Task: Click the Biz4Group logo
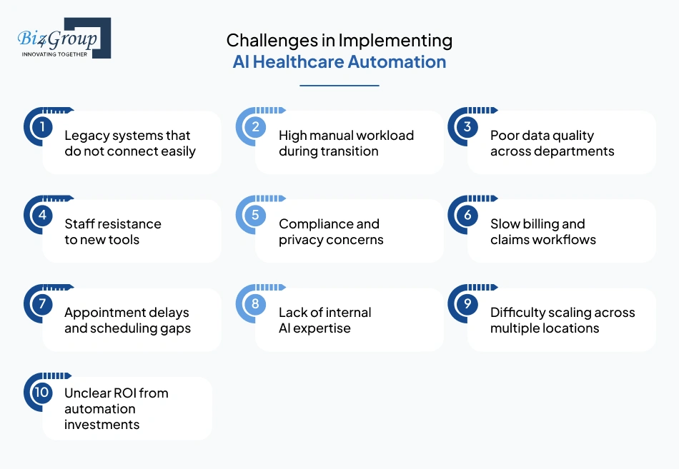coord(64,38)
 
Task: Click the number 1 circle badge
coord(42,127)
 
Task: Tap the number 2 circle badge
coord(254,127)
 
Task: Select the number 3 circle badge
coord(467,127)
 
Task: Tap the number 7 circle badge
coord(42,304)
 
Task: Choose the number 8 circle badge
coord(254,304)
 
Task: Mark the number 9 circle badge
coord(467,304)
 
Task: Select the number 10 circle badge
coord(42,393)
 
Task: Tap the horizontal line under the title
coord(339,85)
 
